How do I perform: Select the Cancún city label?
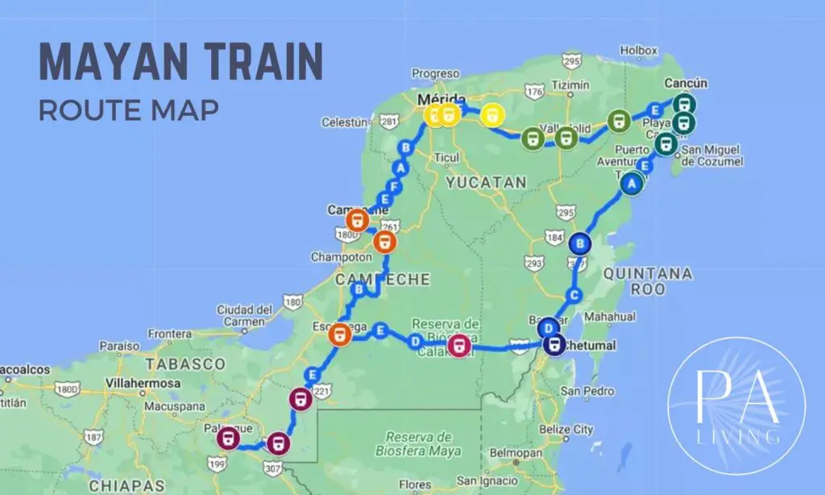pyautogui.click(x=686, y=83)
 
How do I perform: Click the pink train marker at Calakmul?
pyautogui.click(x=459, y=347)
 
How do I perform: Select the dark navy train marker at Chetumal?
pyautogui.click(x=553, y=345)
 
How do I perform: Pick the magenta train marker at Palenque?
pyautogui.click(x=228, y=439)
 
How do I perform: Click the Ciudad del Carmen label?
pyautogui.click(x=245, y=315)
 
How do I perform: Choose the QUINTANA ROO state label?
pyautogui.click(x=647, y=281)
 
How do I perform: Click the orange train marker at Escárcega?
pyautogui.click(x=340, y=333)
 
